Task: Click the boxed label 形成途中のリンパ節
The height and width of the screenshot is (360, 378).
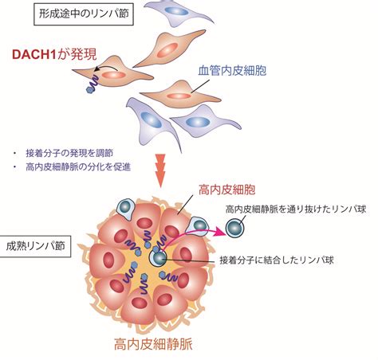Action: coord(84,14)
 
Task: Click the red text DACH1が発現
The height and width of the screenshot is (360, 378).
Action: coord(54,54)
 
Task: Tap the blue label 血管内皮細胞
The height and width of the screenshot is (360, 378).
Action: coord(232,70)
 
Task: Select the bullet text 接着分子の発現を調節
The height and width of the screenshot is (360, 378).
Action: coord(69,153)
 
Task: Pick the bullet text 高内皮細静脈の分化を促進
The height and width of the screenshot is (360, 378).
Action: coord(78,167)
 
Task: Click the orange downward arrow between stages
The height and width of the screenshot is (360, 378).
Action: coord(160,170)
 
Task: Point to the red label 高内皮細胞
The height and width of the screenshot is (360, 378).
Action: coord(226,190)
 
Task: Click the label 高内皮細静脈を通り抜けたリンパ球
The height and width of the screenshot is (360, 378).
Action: coord(296,209)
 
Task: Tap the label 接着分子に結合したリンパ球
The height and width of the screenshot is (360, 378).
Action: coord(277,260)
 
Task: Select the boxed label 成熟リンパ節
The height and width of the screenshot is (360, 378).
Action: coord(35,246)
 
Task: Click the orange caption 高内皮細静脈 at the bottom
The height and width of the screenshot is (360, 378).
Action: coord(153,344)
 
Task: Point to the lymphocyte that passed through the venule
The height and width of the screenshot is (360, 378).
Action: coord(235,228)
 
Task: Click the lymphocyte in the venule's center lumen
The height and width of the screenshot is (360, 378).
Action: coord(159,257)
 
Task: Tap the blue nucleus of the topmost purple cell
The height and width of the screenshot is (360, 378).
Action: coord(176,11)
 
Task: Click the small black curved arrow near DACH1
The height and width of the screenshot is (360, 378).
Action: coord(106,68)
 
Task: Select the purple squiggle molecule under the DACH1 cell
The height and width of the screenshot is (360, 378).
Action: coord(93,84)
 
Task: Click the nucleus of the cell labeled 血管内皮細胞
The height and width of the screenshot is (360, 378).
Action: coord(179,96)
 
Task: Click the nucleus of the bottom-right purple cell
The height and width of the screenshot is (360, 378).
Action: coord(198,122)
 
